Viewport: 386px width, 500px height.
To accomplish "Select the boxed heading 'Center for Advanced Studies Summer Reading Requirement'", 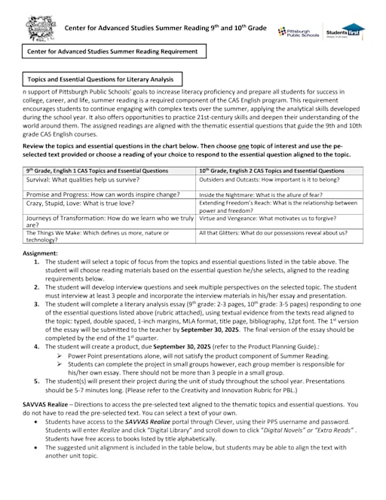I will [113, 51].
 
